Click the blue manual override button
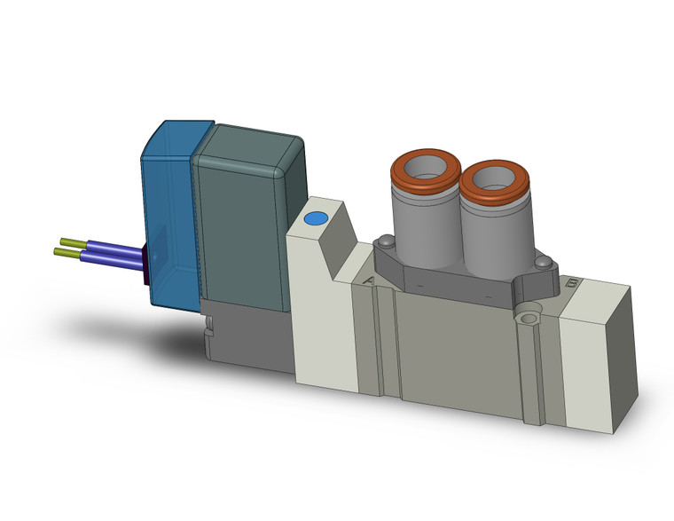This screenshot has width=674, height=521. (x=315, y=218)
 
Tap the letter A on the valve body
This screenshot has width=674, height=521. (x=368, y=281)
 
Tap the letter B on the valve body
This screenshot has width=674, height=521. (x=572, y=284)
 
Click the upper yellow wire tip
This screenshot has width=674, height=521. (x=67, y=241)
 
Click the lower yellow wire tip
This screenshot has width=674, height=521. (x=61, y=254)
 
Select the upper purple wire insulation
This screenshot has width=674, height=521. (x=111, y=247)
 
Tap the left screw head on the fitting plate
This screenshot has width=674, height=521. (x=386, y=241)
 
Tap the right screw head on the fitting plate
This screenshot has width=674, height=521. (x=545, y=262)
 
